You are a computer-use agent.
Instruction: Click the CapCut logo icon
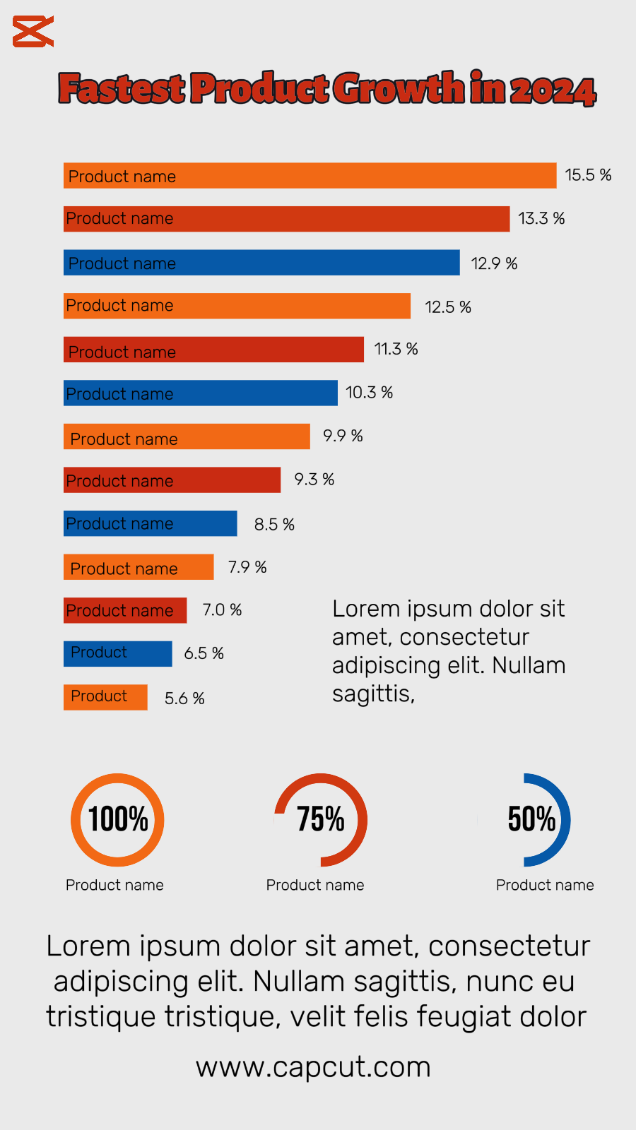coord(33,32)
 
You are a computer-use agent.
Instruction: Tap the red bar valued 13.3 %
coord(286,219)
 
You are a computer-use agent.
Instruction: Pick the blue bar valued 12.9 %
coord(261,263)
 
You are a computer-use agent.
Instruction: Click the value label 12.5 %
coord(448,307)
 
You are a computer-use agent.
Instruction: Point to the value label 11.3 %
coord(396,349)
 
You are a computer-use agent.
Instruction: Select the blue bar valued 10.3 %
coord(201,393)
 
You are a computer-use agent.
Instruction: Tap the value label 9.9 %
coord(343,436)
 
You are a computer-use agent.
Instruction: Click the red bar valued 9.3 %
coord(172,480)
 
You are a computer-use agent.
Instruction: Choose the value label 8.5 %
coord(274,525)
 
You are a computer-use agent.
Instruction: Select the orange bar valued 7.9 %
coord(139,567)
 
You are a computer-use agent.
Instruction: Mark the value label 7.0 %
coord(222,609)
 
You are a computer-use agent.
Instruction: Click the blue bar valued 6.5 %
coord(117,653)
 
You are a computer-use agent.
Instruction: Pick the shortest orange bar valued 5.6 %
coord(105,697)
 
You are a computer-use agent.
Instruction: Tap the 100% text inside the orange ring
coord(118,819)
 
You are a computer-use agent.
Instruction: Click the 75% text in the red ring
coord(321,819)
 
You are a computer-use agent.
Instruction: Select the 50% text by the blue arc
coord(531,819)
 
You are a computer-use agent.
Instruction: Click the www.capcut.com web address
coord(313,1066)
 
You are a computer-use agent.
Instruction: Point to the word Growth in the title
coord(399,89)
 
